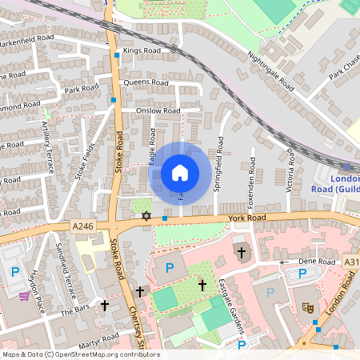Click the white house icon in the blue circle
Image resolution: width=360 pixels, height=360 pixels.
(179, 172)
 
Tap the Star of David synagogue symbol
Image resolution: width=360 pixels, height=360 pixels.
(146, 216)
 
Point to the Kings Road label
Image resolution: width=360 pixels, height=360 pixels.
(142, 50)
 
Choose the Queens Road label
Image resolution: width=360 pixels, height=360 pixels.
(145, 82)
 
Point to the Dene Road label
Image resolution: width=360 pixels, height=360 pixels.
(315, 262)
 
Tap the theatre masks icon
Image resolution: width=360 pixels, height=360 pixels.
(307, 306)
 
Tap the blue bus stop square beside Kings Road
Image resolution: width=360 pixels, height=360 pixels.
(117, 54)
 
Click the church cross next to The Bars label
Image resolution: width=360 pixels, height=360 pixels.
(104, 305)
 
